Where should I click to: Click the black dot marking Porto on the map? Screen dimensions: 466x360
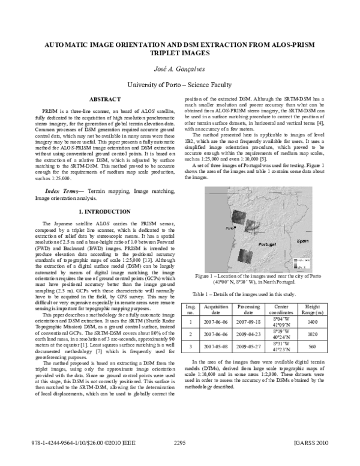pyautogui.click(x=235, y=211)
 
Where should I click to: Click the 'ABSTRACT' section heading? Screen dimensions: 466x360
pyautogui.click(x=106, y=98)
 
